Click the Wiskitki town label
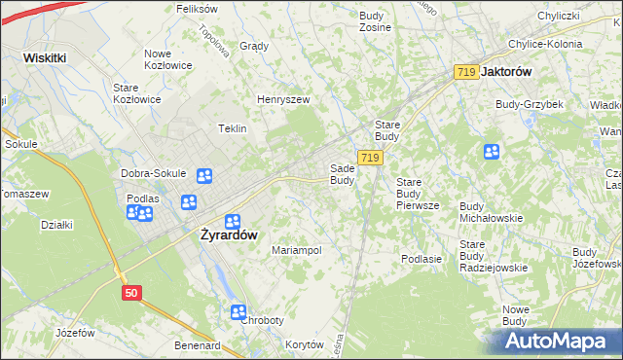[45, 57]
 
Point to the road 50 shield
[131, 292]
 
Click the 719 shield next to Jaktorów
[465, 72]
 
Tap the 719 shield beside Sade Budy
[369, 158]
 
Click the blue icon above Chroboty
[239, 311]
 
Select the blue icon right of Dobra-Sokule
[204, 176]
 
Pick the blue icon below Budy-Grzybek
[492, 152]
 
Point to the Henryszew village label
[282, 99]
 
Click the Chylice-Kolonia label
[545, 44]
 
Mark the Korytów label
[305, 344]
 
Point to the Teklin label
[232, 128]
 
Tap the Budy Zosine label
[375, 21]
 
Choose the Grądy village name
[253, 46]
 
